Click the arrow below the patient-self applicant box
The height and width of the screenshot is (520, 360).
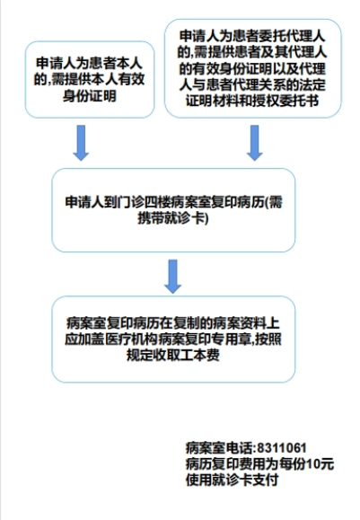coord(81,143)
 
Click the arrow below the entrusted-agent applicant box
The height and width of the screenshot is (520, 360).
coord(255,143)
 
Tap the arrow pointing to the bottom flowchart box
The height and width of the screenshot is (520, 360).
coord(172,277)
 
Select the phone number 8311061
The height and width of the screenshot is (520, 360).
coord(282,448)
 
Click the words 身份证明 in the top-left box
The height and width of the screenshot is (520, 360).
coord(90,96)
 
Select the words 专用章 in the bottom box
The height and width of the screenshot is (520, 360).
coord(233,339)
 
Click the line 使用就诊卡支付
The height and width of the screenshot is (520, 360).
coord(232,480)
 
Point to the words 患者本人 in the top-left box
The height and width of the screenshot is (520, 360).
coord(116,63)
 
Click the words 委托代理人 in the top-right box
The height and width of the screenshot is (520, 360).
coord(292,36)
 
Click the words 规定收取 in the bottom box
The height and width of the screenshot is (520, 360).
coord(153,355)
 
